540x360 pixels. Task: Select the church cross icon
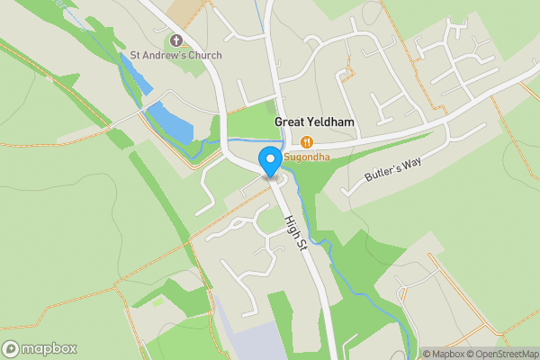point(175,40)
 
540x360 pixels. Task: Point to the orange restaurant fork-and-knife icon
point(307,141)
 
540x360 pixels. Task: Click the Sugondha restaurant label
point(307,157)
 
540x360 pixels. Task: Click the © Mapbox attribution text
point(445,354)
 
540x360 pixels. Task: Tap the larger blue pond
point(170,123)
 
